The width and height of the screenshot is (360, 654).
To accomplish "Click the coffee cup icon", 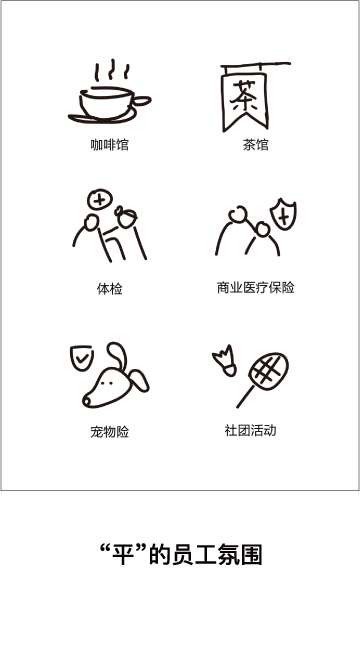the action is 109,103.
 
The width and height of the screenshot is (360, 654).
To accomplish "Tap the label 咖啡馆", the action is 110,145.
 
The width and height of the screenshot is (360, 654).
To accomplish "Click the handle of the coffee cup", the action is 142,101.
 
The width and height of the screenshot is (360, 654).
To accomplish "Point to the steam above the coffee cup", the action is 112,70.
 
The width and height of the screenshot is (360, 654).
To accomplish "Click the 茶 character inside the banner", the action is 244,96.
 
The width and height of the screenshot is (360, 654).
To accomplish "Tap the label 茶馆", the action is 256,145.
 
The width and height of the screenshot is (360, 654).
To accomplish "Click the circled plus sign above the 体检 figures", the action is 100,199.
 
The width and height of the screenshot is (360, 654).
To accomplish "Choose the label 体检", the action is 110,289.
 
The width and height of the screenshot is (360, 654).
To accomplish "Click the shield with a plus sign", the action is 283,215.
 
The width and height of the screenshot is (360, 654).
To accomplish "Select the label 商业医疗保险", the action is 256,287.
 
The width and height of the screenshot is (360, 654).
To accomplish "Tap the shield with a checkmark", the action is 81,357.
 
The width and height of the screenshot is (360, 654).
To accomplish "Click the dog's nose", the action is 86,402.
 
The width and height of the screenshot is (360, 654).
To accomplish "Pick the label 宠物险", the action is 110,432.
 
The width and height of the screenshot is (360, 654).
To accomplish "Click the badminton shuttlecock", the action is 225,361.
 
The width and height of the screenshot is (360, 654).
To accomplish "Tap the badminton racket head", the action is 269,371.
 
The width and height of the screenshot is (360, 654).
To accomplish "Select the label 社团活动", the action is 250,430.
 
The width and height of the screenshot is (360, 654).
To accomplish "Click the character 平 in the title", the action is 123,555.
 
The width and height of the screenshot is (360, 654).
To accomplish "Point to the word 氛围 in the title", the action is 239,555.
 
